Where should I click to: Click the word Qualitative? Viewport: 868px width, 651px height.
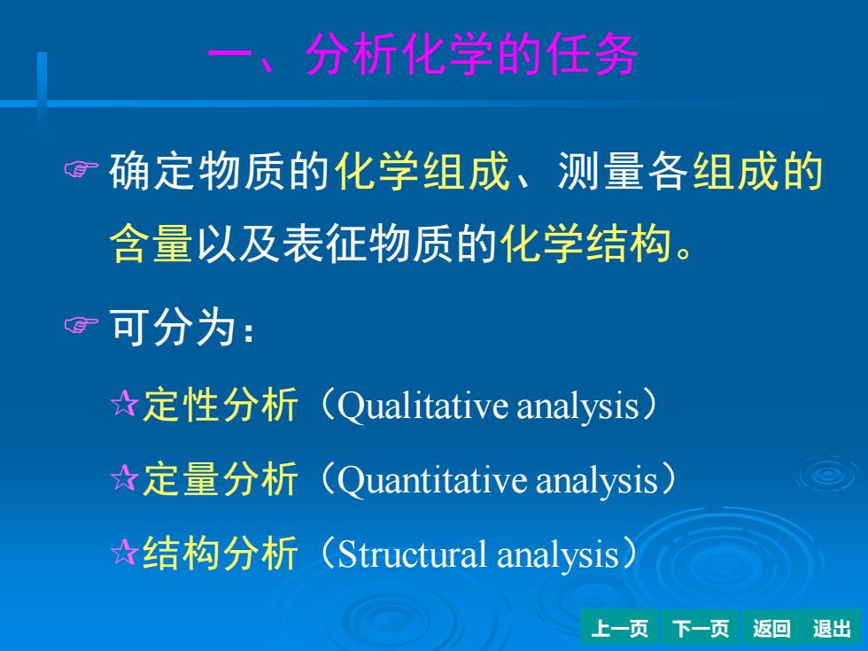(422, 406)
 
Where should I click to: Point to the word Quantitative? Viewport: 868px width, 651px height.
(432, 480)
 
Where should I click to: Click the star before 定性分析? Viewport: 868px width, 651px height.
(124, 404)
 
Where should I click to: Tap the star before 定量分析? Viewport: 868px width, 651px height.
(124, 477)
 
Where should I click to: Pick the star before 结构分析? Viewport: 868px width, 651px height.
(124, 551)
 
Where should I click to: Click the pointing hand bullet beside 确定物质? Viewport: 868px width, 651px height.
(81, 169)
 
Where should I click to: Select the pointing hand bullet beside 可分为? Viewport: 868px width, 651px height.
(81, 325)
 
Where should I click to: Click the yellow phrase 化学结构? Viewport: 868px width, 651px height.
(585, 243)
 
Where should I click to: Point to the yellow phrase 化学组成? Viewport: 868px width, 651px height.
(422, 170)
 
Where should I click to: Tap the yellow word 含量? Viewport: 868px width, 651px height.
(151, 243)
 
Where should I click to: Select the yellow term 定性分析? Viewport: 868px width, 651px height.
(221, 405)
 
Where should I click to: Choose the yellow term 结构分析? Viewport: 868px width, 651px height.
(221, 553)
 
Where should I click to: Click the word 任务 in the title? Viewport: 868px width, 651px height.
(592, 54)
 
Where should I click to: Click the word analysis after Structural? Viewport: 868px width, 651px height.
(557, 555)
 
